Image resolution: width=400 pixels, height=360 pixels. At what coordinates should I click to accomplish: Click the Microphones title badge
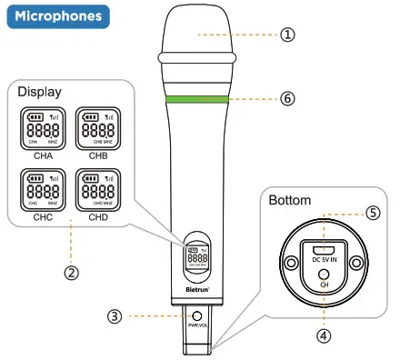[56, 16]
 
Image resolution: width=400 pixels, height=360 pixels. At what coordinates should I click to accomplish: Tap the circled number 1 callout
[286, 35]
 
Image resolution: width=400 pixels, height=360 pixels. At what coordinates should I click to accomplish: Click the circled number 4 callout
[323, 334]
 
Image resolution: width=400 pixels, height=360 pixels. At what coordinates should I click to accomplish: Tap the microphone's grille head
[194, 35]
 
